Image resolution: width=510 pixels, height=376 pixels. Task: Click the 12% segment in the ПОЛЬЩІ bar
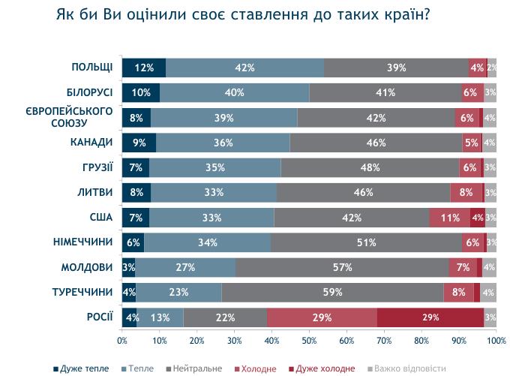[144, 68]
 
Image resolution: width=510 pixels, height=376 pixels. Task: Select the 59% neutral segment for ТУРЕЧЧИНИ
[332, 292]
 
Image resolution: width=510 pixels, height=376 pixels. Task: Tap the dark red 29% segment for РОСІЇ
[430, 317]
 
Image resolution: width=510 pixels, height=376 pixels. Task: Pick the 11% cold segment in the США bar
[450, 218]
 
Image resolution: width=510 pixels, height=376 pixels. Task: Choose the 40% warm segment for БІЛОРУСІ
[234, 92]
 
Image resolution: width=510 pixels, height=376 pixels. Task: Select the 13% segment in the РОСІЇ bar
[160, 317]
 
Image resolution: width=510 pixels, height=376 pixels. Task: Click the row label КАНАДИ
[94, 142]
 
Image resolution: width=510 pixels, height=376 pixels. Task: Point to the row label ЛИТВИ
[95, 192]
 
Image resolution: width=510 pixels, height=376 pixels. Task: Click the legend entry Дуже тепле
[85, 368]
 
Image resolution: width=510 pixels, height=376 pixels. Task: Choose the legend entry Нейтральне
[198, 368]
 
